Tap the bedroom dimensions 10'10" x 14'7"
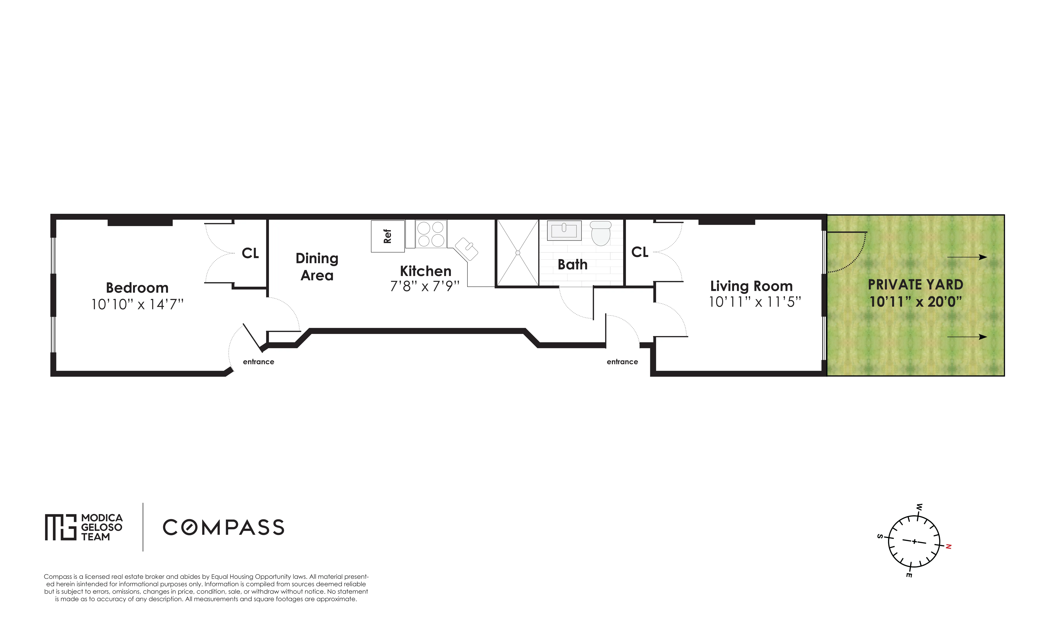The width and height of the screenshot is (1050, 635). click(x=137, y=304)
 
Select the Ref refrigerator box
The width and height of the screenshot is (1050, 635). click(x=387, y=236)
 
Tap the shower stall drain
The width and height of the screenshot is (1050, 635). click(x=518, y=252)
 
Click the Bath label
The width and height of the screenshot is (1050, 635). click(x=572, y=265)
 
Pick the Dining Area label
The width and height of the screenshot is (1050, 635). click(x=317, y=267)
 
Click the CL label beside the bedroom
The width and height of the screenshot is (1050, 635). click(x=250, y=253)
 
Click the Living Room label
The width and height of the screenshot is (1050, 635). click(x=751, y=286)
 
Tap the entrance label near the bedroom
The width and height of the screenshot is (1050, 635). click(x=258, y=362)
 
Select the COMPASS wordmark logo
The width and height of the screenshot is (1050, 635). click(x=223, y=527)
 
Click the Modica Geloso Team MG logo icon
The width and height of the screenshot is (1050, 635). click(x=60, y=527)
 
